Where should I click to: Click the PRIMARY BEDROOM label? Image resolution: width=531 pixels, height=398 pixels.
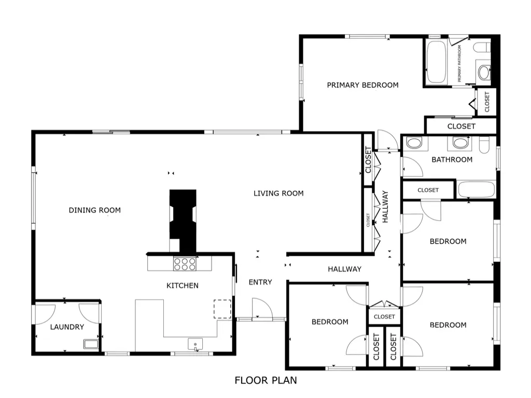(x=362, y=85)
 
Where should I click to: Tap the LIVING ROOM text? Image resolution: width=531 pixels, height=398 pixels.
(x=278, y=193)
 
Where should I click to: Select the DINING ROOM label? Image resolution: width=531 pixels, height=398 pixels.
(x=95, y=210)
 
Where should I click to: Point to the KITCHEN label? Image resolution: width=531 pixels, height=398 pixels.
(x=183, y=286)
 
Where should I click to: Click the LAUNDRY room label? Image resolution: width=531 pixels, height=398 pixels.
(x=67, y=327)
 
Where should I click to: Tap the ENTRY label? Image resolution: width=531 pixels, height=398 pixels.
(x=260, y=282)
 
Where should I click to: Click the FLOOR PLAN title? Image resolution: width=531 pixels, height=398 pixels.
(x=266, y=380)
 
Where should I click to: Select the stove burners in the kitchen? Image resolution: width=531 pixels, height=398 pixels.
(x=185, y=264)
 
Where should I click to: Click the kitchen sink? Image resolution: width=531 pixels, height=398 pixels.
(x=195, y=344)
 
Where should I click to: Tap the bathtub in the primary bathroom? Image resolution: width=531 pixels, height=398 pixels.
(x=436, y=62)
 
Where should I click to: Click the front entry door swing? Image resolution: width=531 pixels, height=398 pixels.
(x=262, y=308)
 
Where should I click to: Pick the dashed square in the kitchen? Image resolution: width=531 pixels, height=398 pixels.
(x=222, y=309)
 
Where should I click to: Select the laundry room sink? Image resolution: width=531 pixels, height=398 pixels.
(x=91, y=344)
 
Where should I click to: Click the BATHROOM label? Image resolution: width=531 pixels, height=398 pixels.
(x=452, y=160)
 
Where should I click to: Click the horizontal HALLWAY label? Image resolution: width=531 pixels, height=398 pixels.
(x=344, y=269)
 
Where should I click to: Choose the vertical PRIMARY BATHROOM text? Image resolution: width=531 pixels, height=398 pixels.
(x=459, y=64)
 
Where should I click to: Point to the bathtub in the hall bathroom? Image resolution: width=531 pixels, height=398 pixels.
(x=477, y=190)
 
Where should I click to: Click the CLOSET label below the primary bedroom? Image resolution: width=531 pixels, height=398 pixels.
(x=461, y=126)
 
